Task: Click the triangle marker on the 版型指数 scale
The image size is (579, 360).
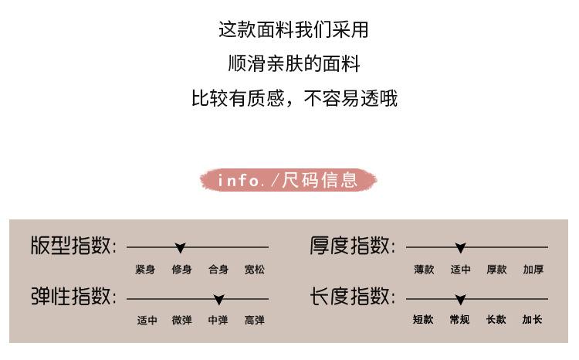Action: (x=181, y=248)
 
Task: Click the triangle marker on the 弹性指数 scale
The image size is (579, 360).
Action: (x=219, y=299)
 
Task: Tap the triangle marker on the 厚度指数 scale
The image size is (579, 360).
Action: (x=461, y=248)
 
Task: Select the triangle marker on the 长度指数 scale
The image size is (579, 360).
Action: (x=461, y=299)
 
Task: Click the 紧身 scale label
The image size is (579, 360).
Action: (x=145, y=270)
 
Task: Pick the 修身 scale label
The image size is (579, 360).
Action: (x=181, y=270)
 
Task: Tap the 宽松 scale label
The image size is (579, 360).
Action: (x=255, y=270)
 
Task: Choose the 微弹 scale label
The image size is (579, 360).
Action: (x=181, y=320)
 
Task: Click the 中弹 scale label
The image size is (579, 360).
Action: (x=218, y=320)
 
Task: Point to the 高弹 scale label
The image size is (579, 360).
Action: (x=255, y=320)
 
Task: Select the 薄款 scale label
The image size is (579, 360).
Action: (x=424, y=270)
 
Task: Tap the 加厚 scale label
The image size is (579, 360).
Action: (x=533, y=270)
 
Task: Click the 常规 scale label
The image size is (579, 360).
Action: (x=460, y=320)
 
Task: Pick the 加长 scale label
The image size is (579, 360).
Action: (x=533, y=320)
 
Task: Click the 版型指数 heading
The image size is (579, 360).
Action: (x=73, y=246)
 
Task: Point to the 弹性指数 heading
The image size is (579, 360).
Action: (x=73, y=297)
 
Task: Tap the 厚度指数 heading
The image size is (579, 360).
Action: (x=352, y=246)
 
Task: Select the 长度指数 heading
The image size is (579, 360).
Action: (x=352, y=297)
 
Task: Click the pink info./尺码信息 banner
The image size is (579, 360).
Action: (x=289, y=181)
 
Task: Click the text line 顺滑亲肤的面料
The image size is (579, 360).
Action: (x=294, y=63)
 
